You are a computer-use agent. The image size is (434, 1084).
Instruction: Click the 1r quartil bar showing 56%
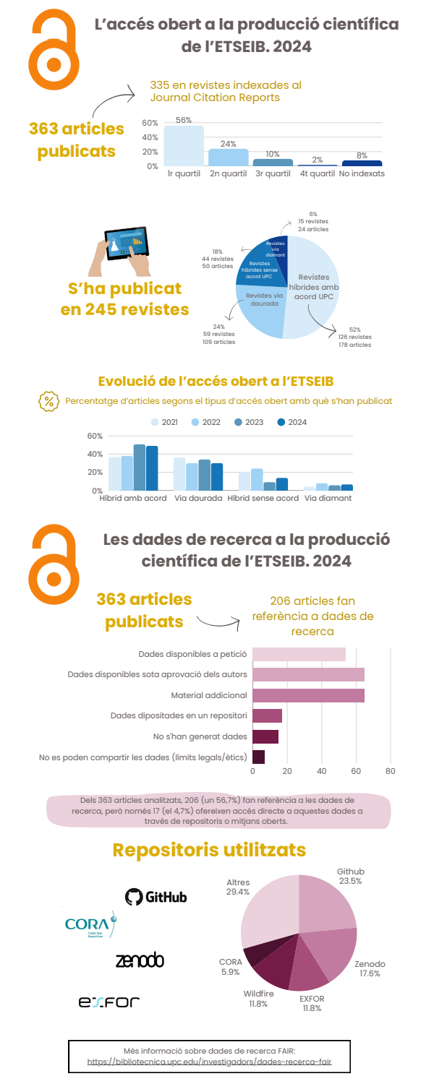coord(184,146)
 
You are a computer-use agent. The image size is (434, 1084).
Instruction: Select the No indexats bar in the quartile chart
coord(362,163)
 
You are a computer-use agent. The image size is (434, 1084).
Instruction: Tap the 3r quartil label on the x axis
coord(273,174)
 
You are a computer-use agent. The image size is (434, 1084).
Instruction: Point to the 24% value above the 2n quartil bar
coord(228,144)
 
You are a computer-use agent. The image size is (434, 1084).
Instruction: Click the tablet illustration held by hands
coord(127,246)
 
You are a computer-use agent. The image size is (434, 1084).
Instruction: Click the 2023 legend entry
coord(250,422)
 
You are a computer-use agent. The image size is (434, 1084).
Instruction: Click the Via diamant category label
coord(328,499)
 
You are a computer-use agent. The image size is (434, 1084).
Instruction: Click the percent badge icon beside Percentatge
coord(48,401)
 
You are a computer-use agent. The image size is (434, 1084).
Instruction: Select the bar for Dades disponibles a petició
coord(299,654)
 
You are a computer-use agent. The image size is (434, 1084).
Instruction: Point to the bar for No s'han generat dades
coord(265,736)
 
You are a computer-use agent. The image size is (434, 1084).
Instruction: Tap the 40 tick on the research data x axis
coord(322,771)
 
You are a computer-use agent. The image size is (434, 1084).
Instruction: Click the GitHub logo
coord(156,897)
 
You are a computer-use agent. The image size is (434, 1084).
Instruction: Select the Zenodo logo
coord(140,960)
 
